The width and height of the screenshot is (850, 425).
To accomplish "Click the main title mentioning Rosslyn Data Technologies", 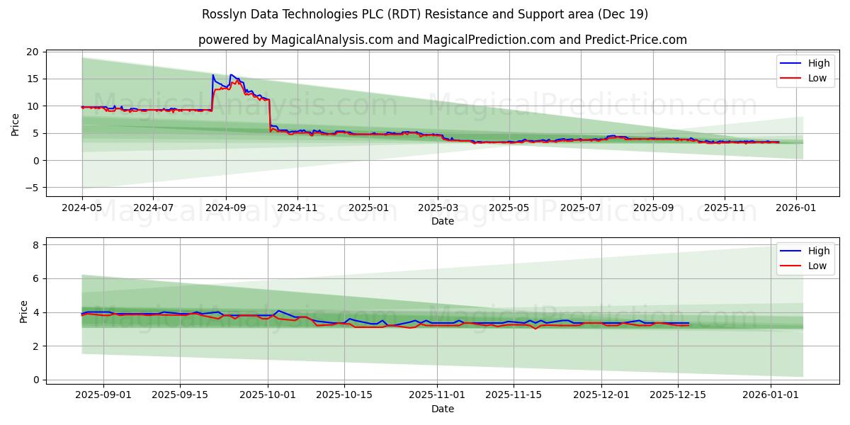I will click(425, 14).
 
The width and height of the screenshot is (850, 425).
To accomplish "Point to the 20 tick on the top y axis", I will click(33, 52).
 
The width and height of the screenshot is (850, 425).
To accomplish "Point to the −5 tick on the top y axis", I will click(30, 188).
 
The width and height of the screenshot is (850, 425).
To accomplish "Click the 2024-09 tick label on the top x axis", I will click(226, 209).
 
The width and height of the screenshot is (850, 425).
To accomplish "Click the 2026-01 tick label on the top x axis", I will click(796, 209).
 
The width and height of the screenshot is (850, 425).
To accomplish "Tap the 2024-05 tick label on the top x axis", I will click(82, 209).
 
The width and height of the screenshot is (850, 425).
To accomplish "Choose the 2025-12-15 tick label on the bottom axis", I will click(678, 395).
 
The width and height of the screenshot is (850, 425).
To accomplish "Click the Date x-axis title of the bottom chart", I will click(443, 409).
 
